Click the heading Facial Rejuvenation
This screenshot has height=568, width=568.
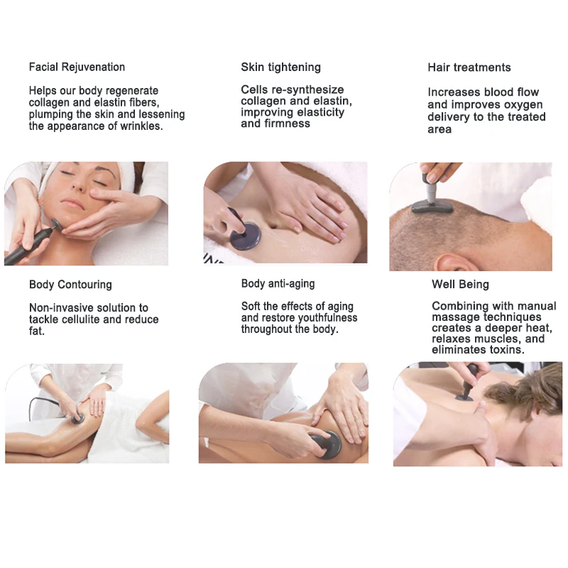click(77, 67)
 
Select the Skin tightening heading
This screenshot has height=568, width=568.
click(280, 67)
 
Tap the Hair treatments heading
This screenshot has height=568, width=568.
click(469, 67)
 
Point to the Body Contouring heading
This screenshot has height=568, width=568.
click(70, 285)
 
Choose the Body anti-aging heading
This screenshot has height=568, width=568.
click(278, 283)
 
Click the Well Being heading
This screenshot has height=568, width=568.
click(460, 285)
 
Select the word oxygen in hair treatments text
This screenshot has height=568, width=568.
click(523, 104)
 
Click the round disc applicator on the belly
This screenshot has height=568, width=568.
click(245, 236)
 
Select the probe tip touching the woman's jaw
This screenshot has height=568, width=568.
click(56, 224)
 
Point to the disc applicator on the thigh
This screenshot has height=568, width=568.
click(77, 419)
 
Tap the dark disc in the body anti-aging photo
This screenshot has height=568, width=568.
click(327, 445)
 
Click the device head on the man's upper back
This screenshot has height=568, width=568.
click(464, 398)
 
